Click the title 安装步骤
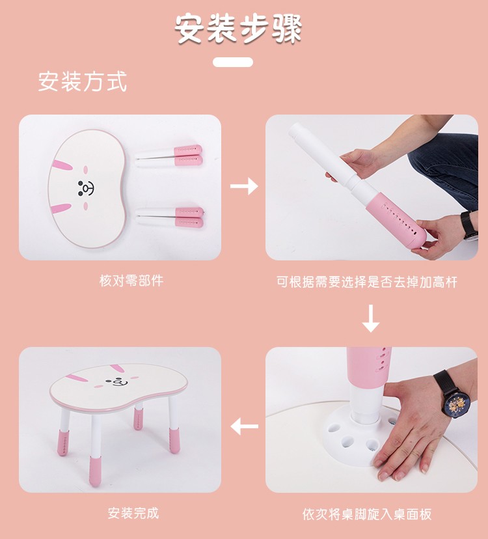239,29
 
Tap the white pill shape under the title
233,62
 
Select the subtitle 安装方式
83,81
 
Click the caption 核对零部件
131,281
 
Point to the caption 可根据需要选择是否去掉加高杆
367,282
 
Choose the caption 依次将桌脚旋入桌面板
367,514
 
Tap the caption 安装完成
133,513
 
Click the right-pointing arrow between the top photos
244,186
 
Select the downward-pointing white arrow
371,318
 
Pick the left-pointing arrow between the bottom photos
244,426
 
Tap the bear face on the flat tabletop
86,188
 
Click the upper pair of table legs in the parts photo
169,156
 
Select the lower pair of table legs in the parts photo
170,217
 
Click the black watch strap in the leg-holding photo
468,225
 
